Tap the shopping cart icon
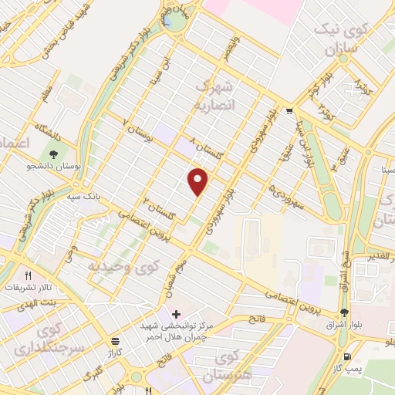(x=289, y=110)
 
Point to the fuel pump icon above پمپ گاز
(x=348, y=357)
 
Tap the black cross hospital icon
(x=177, y=314)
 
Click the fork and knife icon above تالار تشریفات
(x=29, y=275)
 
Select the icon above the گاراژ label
(x=115, y=341)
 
